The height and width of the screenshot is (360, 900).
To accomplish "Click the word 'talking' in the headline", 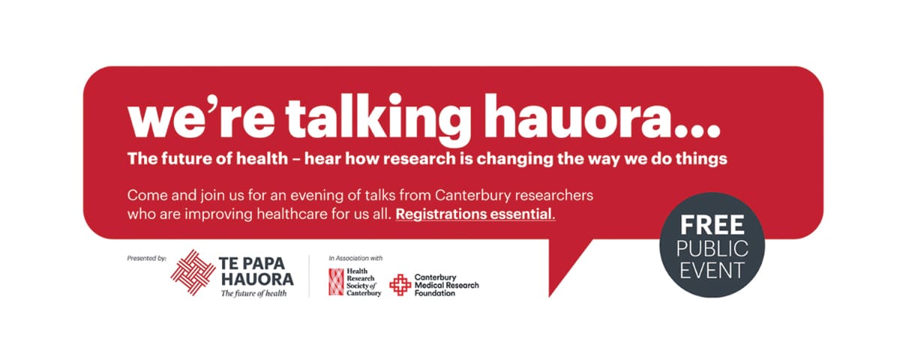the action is (x=378, y=118).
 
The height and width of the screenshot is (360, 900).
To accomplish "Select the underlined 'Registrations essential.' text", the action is (x=475, y=214).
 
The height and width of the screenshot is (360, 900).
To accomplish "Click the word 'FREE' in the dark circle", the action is (x=712, y=225).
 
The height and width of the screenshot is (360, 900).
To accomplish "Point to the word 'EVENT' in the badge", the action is (x=712, y=270).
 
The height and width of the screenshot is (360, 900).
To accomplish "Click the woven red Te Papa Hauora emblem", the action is (x=193, y=272).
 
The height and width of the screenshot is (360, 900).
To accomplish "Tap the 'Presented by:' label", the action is (x=147, y=258).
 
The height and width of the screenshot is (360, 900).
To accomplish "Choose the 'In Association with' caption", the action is (x=355, y=258).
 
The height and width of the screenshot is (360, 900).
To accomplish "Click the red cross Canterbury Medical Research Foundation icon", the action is (x=400, y=285).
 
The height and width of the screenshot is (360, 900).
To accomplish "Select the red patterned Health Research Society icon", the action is (x=336, y=282).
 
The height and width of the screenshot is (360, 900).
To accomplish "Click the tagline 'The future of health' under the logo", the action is (x=254, y=293).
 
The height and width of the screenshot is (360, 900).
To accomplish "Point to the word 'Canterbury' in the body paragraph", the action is (x=473, y=196).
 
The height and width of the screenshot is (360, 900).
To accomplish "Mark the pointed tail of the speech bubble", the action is (x=549, y=296).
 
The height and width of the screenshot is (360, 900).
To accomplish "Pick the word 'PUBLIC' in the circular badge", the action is (x=712, y=248).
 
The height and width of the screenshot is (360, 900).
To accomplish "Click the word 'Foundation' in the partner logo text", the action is (x=435, y=293).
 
